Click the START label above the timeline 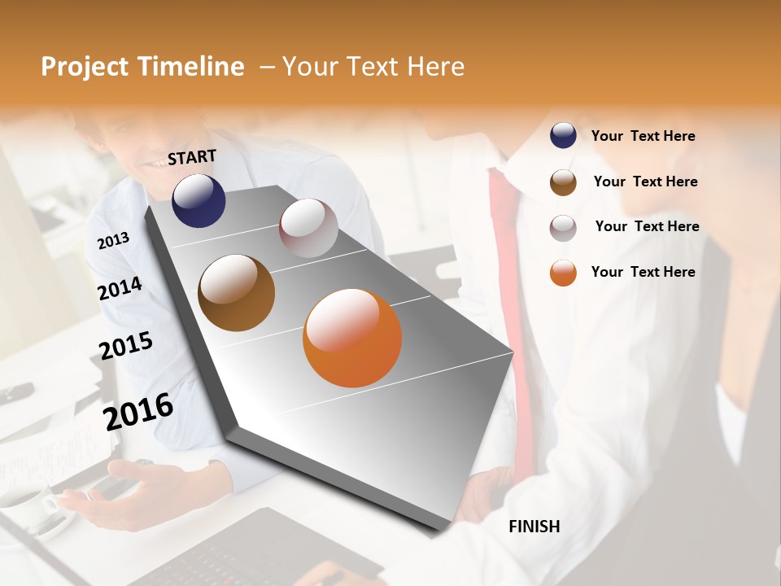point(192,157)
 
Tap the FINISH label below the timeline point(534,527)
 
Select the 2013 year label point(113,240)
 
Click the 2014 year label point(120,289)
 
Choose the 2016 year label point(138,411)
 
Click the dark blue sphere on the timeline point(199,200)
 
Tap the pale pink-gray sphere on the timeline point(308,228)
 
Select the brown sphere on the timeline point(236,293)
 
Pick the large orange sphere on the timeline point(352,338)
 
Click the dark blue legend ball point(563,136)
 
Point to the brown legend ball point(563,182)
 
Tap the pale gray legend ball point(563,228)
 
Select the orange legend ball point(563,273)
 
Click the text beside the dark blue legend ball point(643,136)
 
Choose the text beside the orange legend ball point(643,272)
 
